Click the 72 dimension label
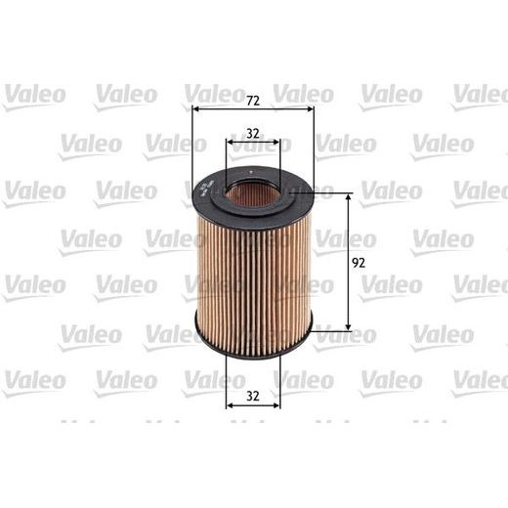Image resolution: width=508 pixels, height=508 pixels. (253, 101)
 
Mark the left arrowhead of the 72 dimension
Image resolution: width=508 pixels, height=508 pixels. (196, 110)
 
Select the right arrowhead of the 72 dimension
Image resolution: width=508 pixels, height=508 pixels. (310, 110)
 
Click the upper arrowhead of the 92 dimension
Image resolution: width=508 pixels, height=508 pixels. (349, 198)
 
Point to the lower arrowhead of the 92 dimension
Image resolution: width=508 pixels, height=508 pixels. (349, 325)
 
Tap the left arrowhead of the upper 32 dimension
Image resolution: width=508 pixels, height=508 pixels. (231, 148)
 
